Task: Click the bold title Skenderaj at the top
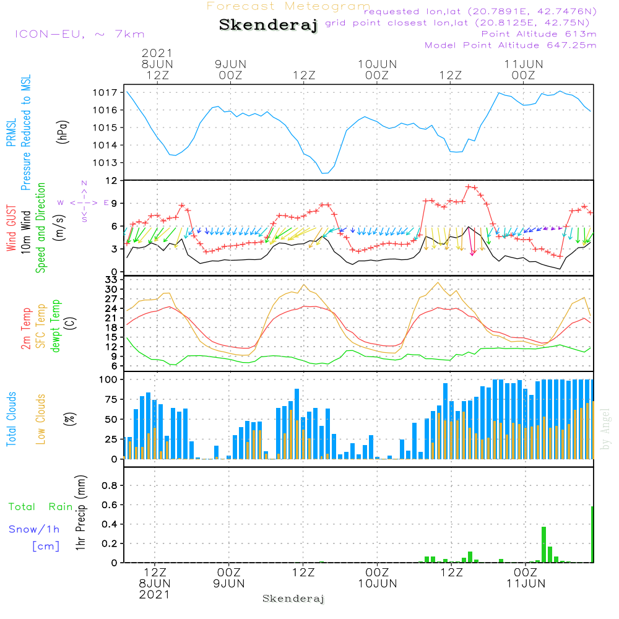coord(268,25)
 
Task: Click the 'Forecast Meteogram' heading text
coord(288,6)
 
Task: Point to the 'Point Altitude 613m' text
coord(539,34)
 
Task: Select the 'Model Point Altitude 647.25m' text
coord(511,45)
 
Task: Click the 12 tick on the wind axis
coord(111,180)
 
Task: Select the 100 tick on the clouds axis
coord(109,379)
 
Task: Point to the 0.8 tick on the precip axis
coord(110,485)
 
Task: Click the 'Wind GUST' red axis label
coord(12,227)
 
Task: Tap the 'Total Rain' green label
coord(41,507)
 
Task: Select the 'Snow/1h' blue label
coord(35,529)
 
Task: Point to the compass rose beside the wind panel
coord(84,202)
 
